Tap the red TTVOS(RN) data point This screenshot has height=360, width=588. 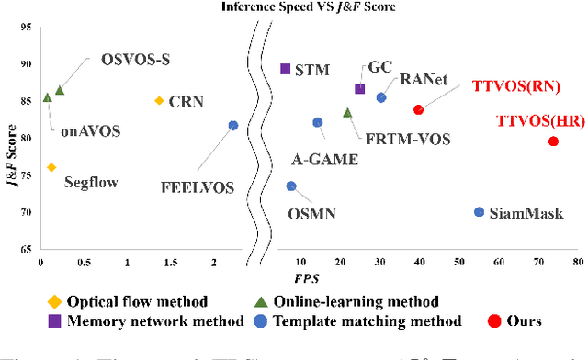click(418, 109)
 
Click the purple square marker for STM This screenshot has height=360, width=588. click(285, 69)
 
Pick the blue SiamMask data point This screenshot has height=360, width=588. click(479, 212)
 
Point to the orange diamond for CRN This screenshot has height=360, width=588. click(159, 100)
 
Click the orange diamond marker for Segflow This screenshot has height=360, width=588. click(51, 167)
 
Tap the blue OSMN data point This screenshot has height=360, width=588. click(291, 186)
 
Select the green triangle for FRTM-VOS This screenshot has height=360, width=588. click(347, 113)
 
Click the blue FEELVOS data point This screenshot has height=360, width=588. click(232, 125)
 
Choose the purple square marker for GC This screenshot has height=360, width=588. click(359, 89)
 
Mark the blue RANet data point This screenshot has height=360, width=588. click(381, 97)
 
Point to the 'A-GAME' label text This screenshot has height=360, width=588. click(324, 158)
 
